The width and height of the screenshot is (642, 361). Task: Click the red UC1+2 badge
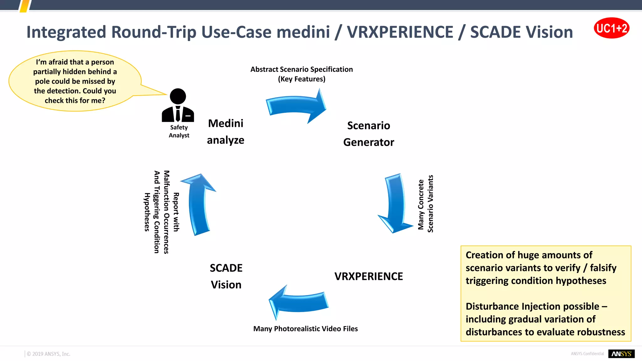[611, 28]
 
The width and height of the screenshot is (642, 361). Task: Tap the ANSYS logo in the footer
[621, 353]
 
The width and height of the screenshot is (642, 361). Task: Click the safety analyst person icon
[178, 106]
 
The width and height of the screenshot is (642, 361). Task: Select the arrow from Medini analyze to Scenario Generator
[296, 106]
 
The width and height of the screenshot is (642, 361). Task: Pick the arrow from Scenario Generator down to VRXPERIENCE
[395, 203]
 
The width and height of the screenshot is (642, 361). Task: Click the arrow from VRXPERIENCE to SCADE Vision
[298, 302]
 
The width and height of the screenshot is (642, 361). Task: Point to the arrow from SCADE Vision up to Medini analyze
[199, 204]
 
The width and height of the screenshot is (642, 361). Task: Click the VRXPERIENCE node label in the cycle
[368, 276]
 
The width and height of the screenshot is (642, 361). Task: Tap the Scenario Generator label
[368, 134]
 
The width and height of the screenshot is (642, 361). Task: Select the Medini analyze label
[225, 132]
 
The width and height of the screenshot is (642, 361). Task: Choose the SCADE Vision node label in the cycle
[226, 276]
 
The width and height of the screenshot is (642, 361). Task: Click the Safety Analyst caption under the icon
[179, 131]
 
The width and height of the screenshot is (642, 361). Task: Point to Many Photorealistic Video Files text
[305, 329]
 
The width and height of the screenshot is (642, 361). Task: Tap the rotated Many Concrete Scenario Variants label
[426, 204]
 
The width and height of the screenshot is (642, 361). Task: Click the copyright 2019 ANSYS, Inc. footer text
[49, 354]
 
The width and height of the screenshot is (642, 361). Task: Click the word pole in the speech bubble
[42, 81]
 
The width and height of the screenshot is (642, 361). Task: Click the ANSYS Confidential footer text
[587, 354]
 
